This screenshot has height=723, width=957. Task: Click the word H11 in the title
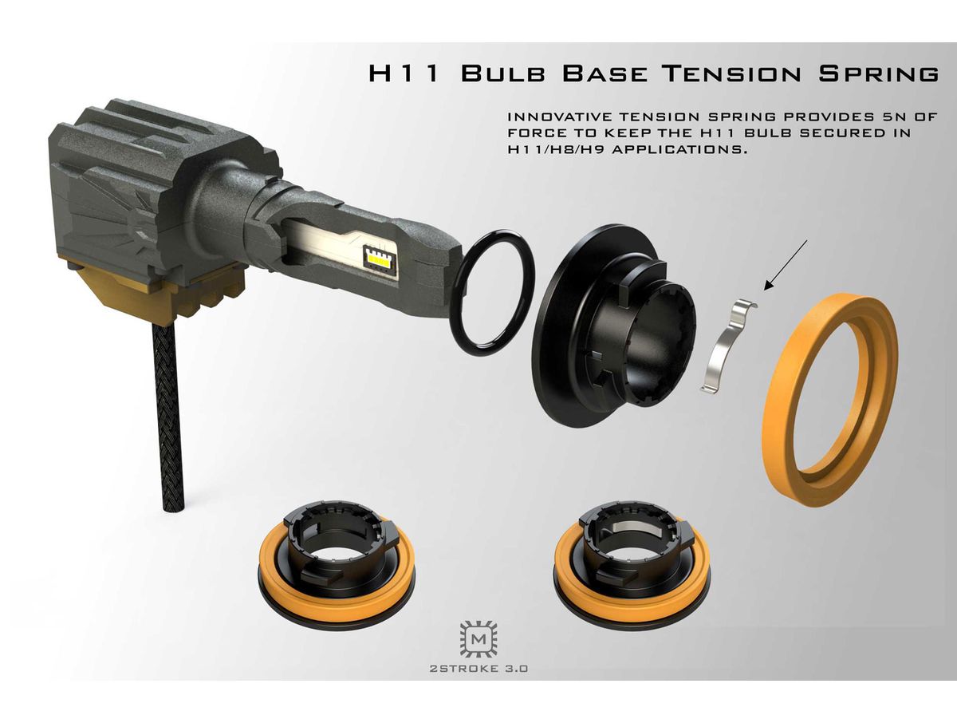[403, 73]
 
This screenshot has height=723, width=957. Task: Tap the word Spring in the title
[878, 73]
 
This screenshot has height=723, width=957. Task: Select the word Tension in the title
[731, 73]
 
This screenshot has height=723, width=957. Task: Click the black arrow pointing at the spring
[786, 265]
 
